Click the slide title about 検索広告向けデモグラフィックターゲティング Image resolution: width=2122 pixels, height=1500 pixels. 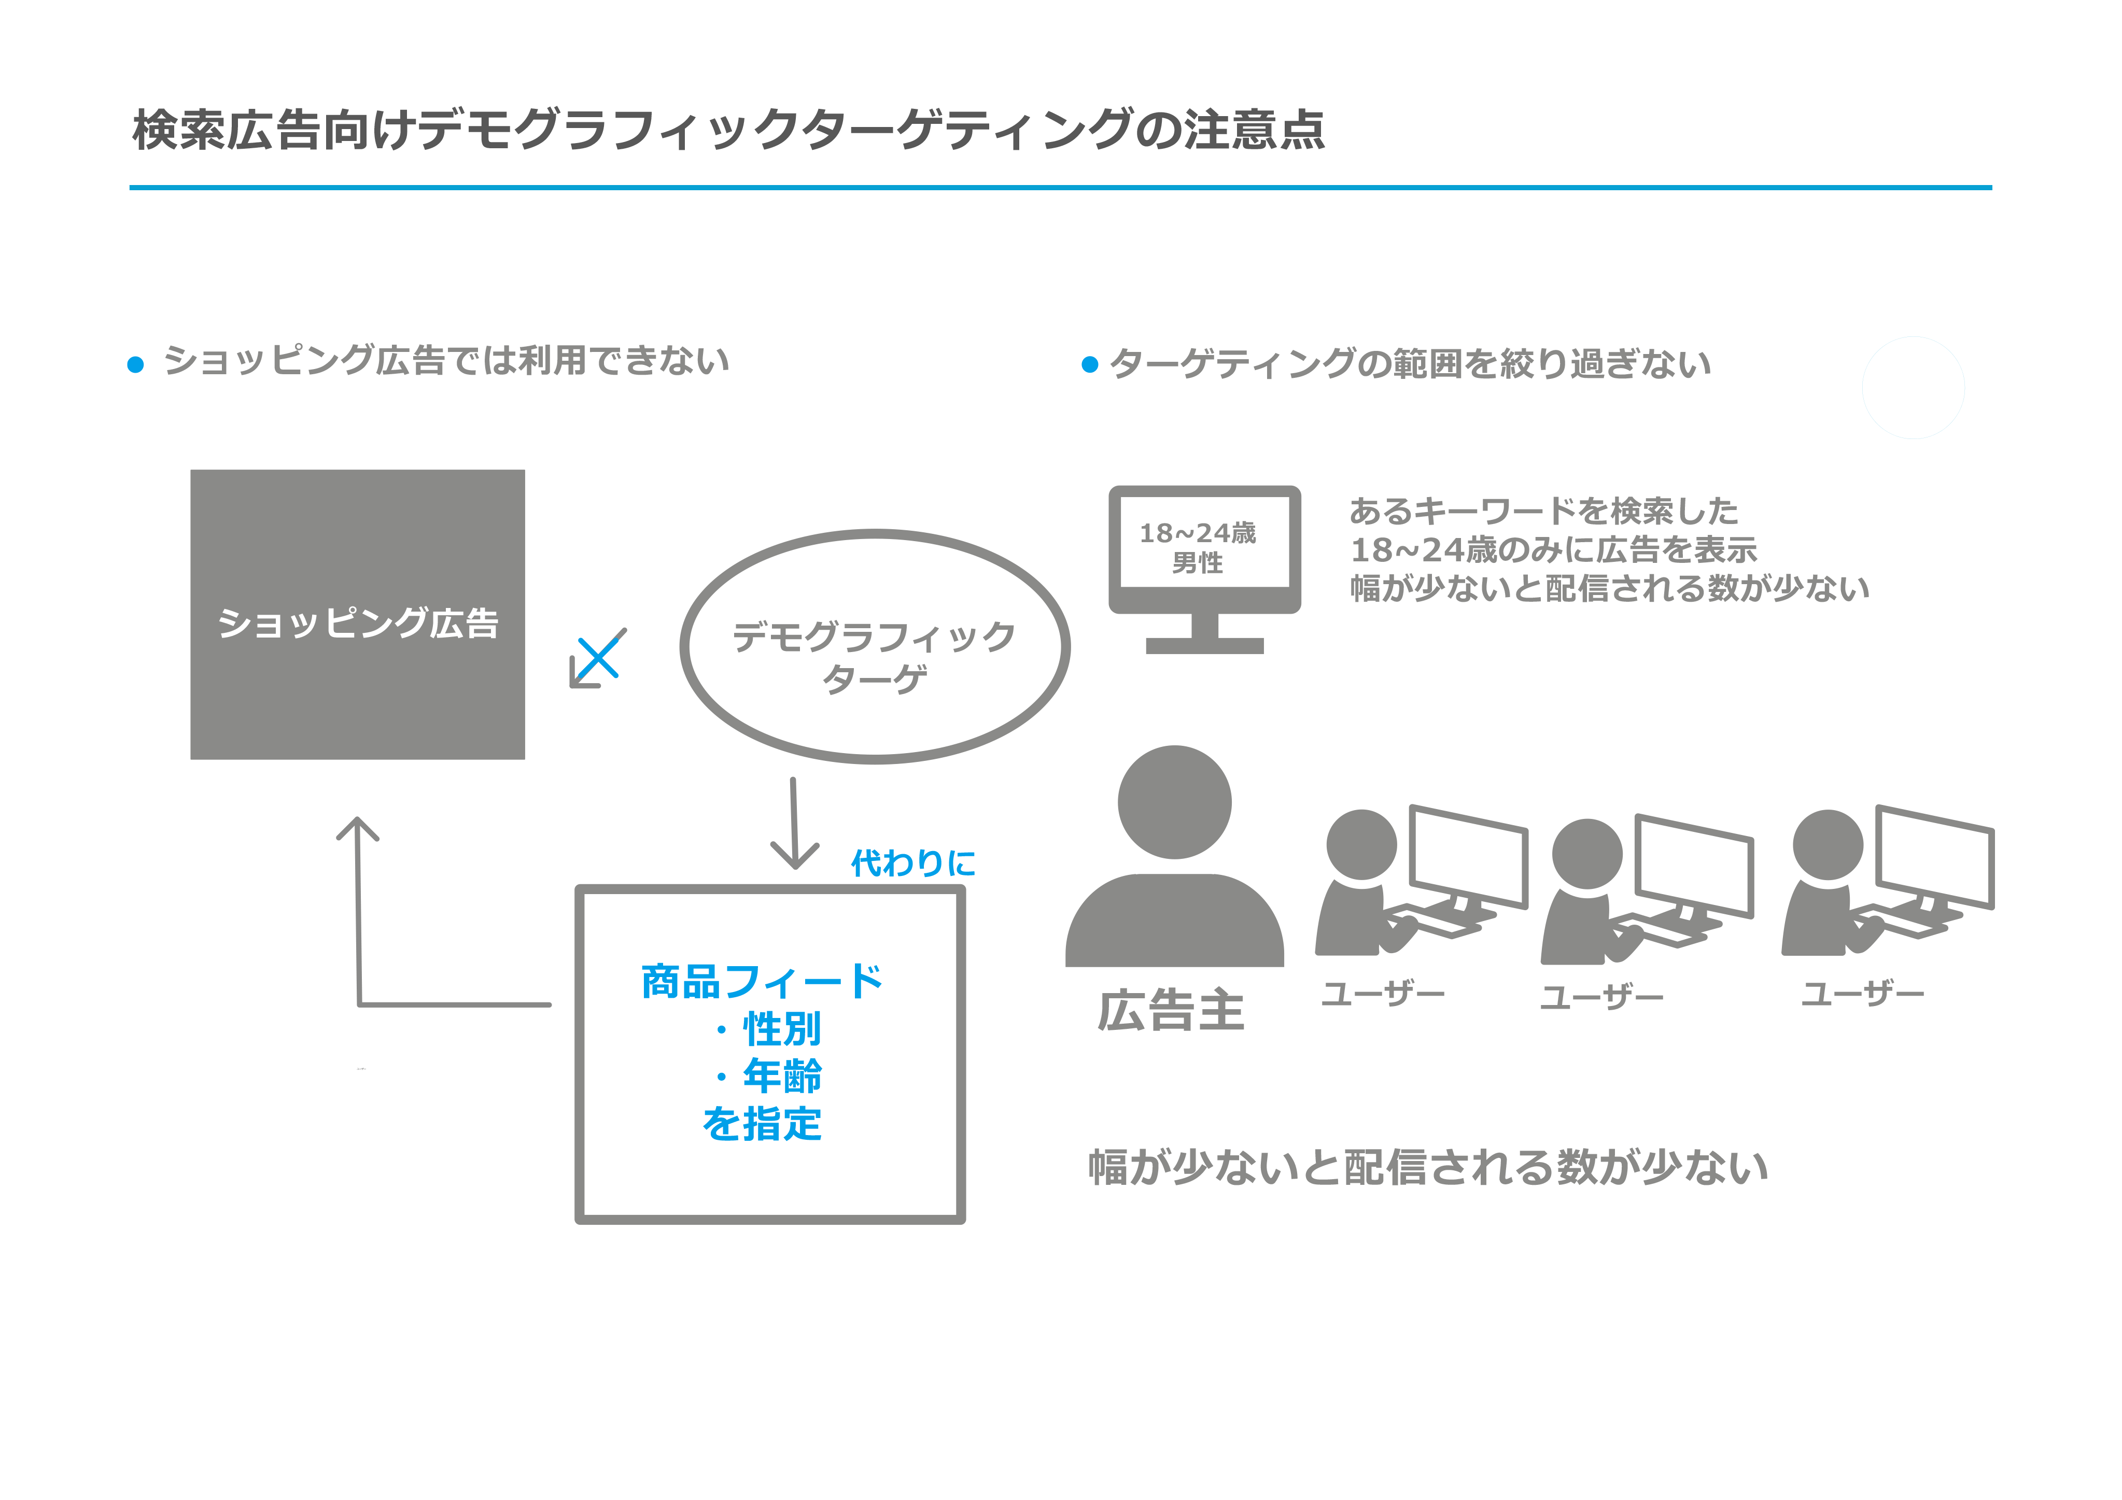pos(728,130)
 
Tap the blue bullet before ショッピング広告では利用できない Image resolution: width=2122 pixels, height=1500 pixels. pos(136,365)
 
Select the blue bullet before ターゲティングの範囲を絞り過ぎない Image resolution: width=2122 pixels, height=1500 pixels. pos(1090,365)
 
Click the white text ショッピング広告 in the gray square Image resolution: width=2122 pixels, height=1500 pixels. pos(358,623)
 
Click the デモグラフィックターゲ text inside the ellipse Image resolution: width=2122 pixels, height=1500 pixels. pos(874,656)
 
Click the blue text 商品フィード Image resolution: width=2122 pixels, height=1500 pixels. pos(762,982)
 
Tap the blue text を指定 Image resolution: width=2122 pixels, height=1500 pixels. pos(762,1124)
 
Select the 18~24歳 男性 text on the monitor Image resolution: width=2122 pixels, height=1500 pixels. pos(1198,547)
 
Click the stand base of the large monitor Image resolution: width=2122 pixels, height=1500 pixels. pos(1204,645)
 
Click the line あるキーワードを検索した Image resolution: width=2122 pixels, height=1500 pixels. pos(1543,511)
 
